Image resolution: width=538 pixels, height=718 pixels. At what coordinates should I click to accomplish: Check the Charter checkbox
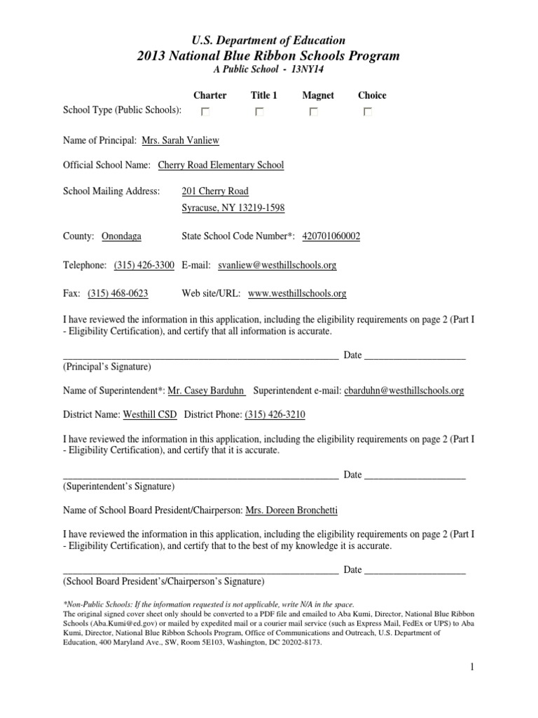click(205, 111)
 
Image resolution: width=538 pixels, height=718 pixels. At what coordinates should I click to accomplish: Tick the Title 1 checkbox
click(259, 111)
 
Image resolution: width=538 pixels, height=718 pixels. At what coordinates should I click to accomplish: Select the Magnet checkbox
click(313, 111)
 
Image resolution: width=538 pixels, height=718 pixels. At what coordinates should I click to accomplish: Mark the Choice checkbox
click(367, 111)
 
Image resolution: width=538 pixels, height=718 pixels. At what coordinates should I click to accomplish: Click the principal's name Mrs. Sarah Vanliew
click(180, 140)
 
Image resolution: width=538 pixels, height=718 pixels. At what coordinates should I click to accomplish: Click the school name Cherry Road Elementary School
click(221, 165)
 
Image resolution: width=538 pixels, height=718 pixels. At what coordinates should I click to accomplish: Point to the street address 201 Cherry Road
click(214, 191)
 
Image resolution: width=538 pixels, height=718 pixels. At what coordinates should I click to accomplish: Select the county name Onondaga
click(121, 236)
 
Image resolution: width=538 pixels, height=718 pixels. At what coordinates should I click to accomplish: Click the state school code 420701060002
click(331, 236)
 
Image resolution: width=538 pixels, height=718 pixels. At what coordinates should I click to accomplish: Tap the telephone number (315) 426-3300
click(144, 265)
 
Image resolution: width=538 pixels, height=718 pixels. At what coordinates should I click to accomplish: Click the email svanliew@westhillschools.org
click(277, 265)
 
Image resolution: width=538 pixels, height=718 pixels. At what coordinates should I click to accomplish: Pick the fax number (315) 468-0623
click(118, 293)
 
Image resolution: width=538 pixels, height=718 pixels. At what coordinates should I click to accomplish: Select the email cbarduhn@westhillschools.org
click(403, 391)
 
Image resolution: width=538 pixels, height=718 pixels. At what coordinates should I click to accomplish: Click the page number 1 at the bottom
click(474, 666)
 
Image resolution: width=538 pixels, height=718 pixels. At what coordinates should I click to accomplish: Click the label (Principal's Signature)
click(106, 366)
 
